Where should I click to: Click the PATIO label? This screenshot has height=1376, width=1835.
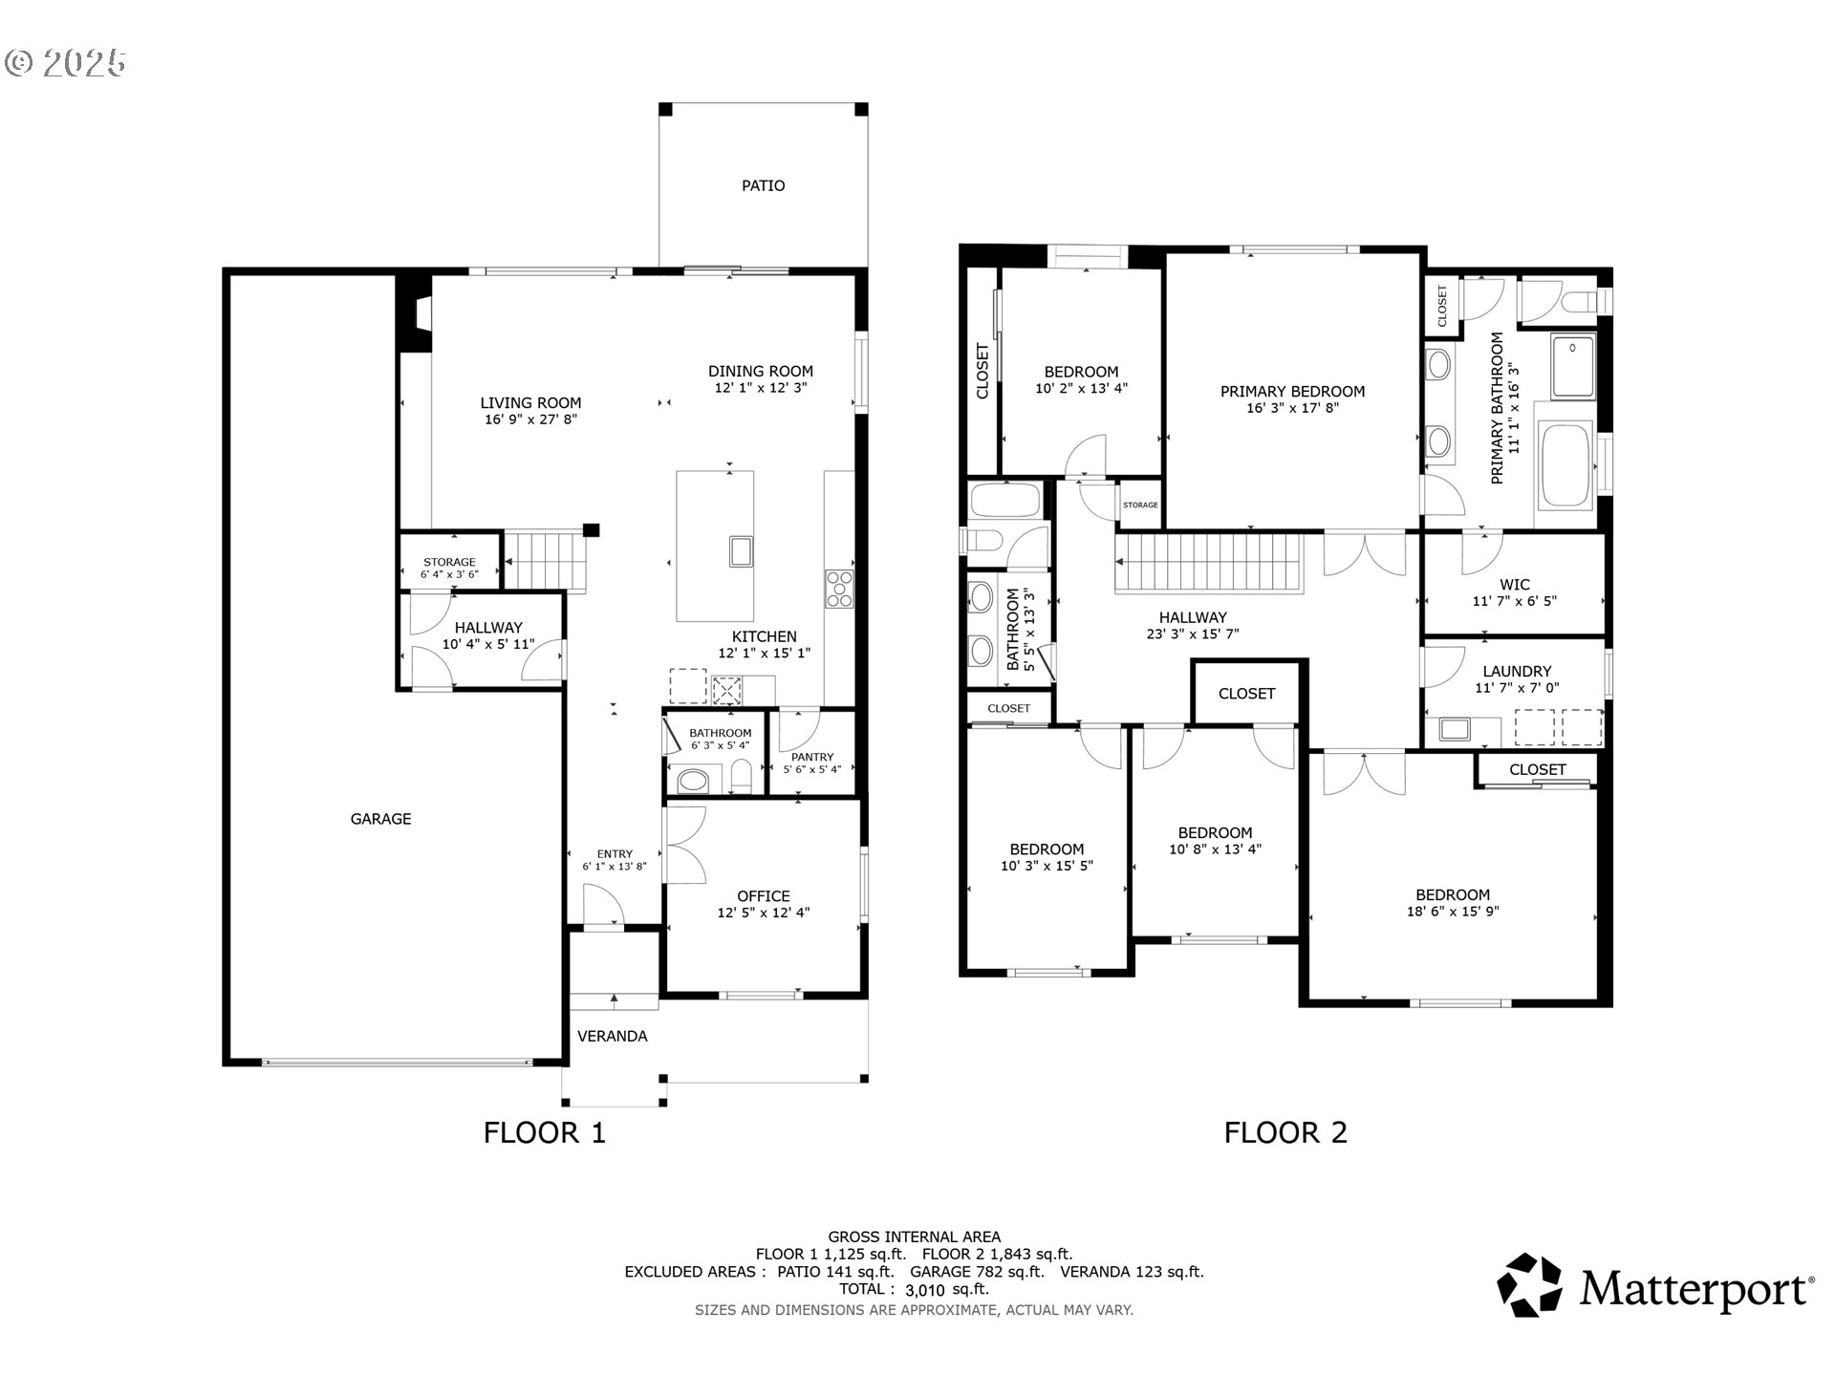[763, 185]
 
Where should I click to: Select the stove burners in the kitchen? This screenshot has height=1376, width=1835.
[839, 589]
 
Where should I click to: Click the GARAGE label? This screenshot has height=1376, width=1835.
[380, 819]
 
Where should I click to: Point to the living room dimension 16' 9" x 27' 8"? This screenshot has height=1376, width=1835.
[530, 419]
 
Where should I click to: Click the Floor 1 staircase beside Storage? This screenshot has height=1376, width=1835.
[543, 561]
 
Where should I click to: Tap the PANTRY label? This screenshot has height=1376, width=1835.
[812, 757]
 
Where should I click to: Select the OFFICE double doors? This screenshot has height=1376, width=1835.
[685, 845]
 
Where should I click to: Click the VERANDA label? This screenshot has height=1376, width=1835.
[612, 1036]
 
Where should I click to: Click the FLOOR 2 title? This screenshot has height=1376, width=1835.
[1284, 1132]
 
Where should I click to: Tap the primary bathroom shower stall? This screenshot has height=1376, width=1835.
[1573, 366]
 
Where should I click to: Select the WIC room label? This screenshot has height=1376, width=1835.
[1514, 585]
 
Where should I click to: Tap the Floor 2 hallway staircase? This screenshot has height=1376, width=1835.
[1209, 564]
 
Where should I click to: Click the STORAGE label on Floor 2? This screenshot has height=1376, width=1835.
[1140, 505]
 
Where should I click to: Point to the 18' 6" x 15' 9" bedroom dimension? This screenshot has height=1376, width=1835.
[1453, 912]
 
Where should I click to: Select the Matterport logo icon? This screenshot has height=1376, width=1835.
[1529, 1285]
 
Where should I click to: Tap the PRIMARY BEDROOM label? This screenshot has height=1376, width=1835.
[1292, 391]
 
